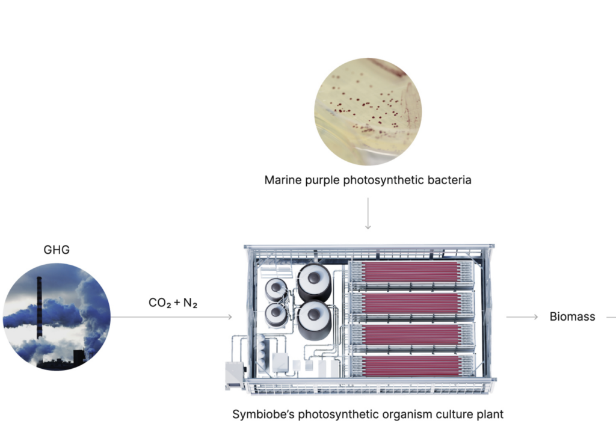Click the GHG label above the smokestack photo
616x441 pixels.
click(57, 250)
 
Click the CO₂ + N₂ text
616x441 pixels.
click(174, 303)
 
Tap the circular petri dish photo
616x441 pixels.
click(368, 111)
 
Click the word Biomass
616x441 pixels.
click(572, 316)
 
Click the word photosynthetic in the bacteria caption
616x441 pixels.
click(377, 180)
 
